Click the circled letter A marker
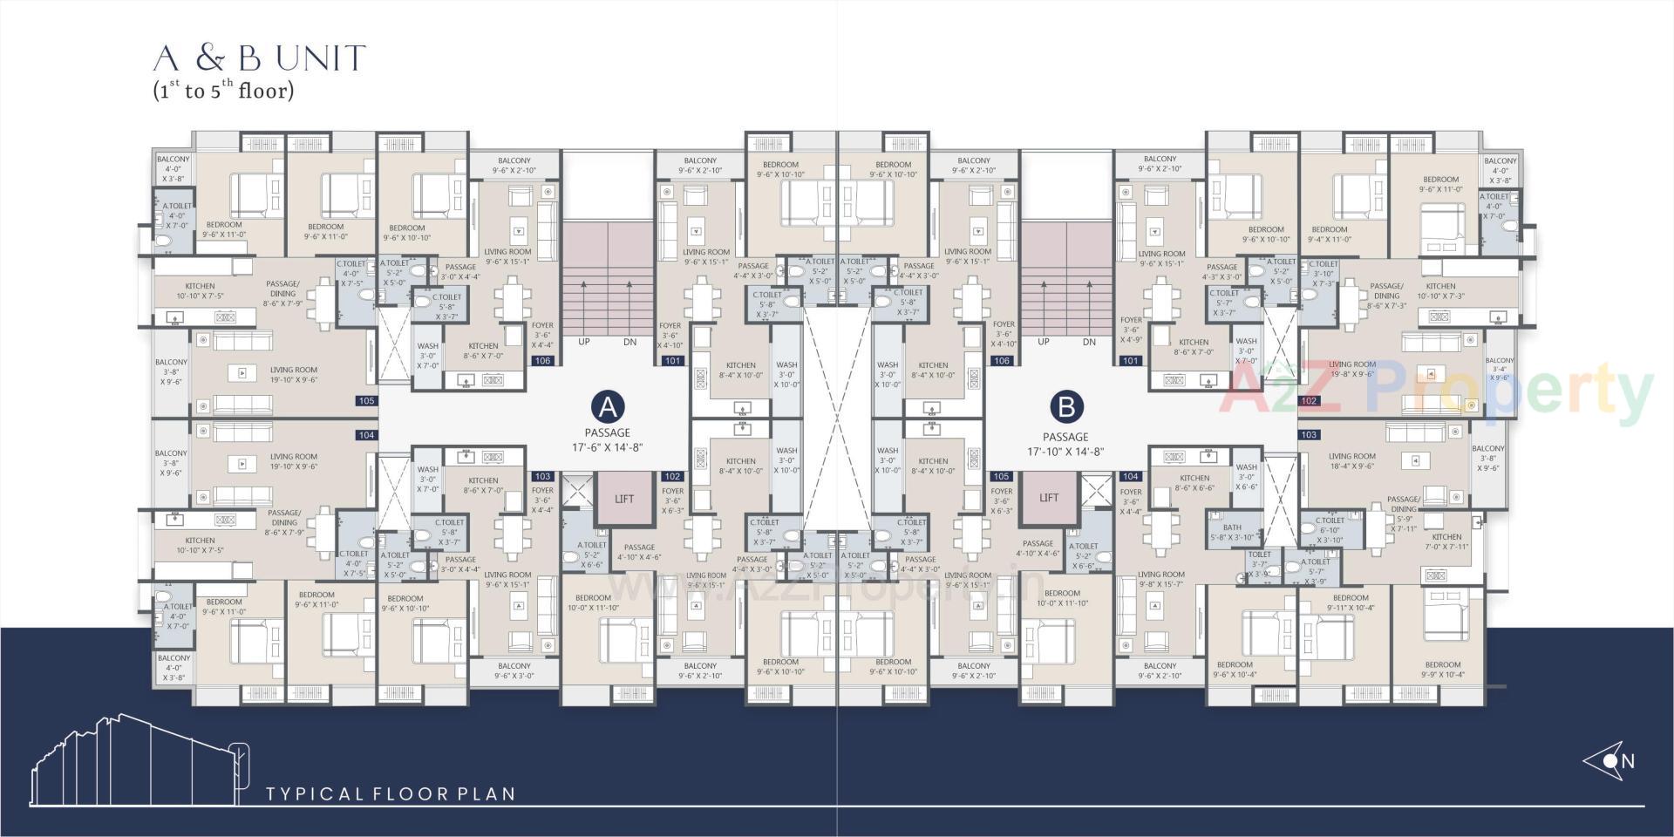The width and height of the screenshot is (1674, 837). click(x=608, y=406)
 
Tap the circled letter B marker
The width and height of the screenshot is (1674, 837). click(x=1065, y=406)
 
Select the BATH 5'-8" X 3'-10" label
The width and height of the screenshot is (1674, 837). click(x=1232, y=533)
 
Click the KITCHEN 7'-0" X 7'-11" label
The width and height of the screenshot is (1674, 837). click(x=1446, y=541)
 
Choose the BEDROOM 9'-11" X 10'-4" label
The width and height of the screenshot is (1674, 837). click(x=1351, y=602)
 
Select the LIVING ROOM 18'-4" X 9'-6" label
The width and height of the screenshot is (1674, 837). click(x=1352, y=461)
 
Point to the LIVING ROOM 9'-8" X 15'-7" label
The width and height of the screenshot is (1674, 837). click(x=1161, y=579)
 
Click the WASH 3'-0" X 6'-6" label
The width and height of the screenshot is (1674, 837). click(x=1247, y=477)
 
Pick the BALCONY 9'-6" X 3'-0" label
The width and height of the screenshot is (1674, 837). click(x=514, y=670)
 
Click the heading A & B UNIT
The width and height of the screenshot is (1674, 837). click(x=259, y=58)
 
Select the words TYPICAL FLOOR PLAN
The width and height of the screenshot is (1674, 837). click(x=391, y=793)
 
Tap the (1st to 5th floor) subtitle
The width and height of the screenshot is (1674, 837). click(x=223, y=90)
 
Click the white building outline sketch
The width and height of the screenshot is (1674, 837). click(x=139, y=759)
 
